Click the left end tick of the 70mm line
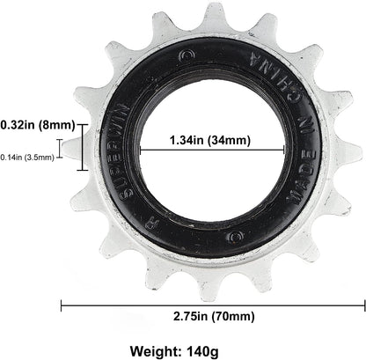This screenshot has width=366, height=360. click(x=61, y=305)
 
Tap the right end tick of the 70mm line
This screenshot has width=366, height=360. click(x=364, y=305)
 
